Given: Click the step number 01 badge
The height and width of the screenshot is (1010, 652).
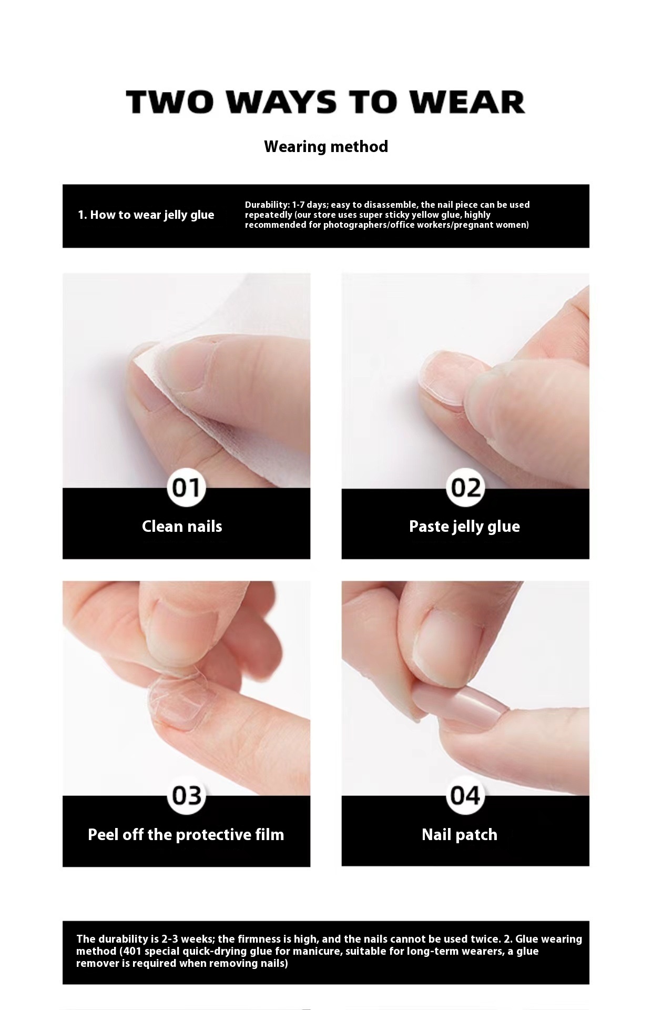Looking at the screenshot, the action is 186,488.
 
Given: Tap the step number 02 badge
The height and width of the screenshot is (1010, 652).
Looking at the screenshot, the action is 465,488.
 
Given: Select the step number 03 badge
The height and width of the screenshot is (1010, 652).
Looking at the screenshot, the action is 186,796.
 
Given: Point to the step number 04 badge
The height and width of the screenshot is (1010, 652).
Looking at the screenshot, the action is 465,796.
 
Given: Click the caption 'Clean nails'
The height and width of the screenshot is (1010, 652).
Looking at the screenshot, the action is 182,526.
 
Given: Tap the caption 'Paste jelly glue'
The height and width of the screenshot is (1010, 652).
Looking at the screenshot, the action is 464,527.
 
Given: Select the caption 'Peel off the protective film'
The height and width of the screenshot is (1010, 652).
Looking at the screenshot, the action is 186,835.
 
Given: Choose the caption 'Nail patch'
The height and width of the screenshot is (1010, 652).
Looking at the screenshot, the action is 459,835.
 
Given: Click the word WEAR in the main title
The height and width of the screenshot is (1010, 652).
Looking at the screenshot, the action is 468,102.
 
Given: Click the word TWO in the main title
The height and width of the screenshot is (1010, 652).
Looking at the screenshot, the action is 169,102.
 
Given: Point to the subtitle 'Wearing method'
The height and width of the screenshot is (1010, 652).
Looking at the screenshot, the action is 326,146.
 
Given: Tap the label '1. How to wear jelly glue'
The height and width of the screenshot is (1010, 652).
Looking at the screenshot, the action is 146,215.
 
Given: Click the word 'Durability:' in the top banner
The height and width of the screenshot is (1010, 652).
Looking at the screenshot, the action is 267,205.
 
